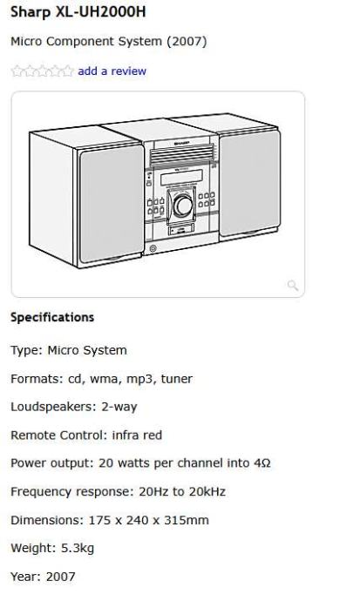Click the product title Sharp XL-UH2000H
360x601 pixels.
pyautogui.click(x=78, y=12)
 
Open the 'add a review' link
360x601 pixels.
pyautogui.click(x=112, y=71)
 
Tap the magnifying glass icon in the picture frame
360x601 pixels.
pyautogui.click(x=293, y=285)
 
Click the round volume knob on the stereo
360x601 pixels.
pyautogui.click(x=183, y=206)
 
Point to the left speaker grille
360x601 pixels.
pyautogui.click(x=112, y=205)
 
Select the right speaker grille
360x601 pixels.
pyautogui.click(x=249, y=183)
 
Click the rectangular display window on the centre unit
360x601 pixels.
pyautogui.click(x=181, y=177)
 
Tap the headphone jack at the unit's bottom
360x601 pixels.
pyautogui.click(x=153, y=249)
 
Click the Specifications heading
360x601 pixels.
pyautogui.click(x=52, y=317)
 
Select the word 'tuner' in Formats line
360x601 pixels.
pyautogui.click(x=177, y=379)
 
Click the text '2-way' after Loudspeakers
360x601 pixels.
pyautogui.click(x=119, y=407)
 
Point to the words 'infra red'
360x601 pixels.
pyautogui.click(x=137, y=435)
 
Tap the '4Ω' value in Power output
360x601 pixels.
pyautogui.click(x=262, y=463)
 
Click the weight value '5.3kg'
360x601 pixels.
pyautogui.click(x=78, y=549)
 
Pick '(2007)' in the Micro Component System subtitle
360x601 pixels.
pyautogui.click(x=187, y=42)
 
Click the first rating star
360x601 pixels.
pyautogui.click(x=17, y=71)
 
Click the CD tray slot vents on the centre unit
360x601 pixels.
pyautogui.click(x=181, y=154)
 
